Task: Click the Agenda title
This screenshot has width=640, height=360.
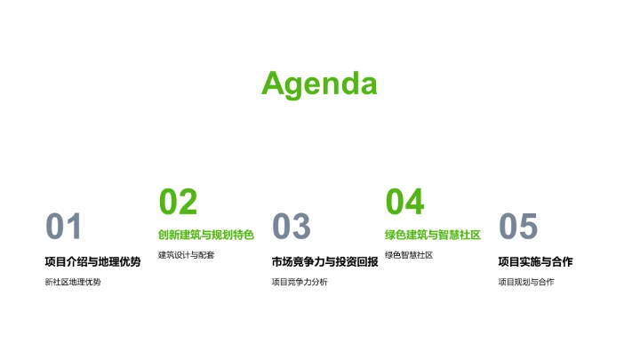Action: point(319,84)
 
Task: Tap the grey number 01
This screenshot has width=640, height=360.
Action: point(63,228)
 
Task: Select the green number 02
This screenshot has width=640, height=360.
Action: point(178,202)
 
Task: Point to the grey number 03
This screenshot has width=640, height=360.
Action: point(291,228)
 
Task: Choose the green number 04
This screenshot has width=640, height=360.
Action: point(404,202)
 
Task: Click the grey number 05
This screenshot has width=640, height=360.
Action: point(518,228)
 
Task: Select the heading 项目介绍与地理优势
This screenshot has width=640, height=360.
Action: point(92,261)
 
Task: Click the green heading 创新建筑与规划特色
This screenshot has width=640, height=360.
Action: point(206,236)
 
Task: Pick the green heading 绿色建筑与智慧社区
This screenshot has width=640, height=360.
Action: point(433,236)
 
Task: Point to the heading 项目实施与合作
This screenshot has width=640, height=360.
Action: point(535,261)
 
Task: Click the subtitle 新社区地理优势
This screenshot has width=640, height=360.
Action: point(73,283)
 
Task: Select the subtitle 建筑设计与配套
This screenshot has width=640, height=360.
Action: point(187,256)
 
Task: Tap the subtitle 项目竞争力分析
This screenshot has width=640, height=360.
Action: point(300,283)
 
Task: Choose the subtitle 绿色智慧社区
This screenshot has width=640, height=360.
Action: point(409,256)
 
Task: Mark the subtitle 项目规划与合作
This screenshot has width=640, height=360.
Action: point(526,283)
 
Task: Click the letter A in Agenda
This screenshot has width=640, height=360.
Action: point(274,84)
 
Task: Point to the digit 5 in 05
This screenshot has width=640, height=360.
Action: point(529,228)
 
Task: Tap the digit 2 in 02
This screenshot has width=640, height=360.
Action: point(188,202)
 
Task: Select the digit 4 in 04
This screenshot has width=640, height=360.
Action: point(414,202)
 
